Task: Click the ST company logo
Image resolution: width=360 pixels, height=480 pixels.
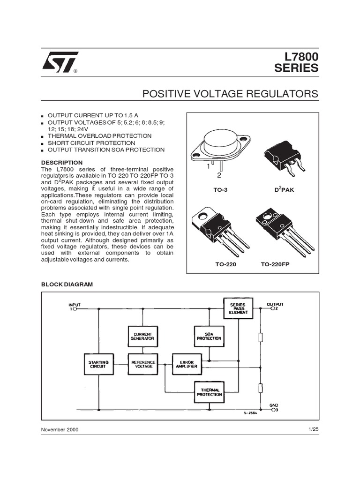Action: [x=58, y=62]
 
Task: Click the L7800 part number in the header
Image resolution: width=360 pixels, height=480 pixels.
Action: [x=297, y=56]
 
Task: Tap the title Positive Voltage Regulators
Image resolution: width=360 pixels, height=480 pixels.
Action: [x=230, y=94]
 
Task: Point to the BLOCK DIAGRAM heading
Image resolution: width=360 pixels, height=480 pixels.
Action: [x=67, y=284]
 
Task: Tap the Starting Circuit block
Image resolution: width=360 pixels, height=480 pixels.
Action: [x=98, y=364]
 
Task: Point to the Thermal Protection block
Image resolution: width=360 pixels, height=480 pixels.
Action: [x=209, y=392]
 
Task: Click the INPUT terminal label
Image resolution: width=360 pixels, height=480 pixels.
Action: [x=75, y=305]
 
